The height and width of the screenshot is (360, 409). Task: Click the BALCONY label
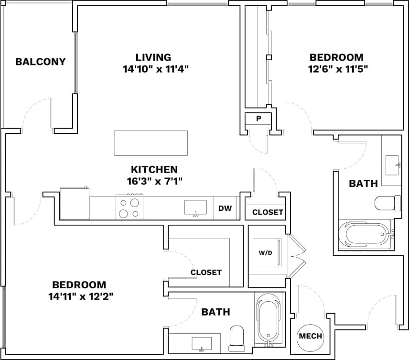(x=40, y=62)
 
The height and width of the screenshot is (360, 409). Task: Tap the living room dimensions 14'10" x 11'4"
(x=156, y=69)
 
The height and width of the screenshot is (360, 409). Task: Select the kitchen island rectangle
(x=151, y=143)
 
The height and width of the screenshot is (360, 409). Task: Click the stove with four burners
(x=129, y=207)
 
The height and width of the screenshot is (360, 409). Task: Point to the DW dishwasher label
(x=225, y=208)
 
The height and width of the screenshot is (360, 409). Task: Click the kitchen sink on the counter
(x=196, y=208)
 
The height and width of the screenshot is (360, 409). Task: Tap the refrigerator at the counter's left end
(x=75, y=204)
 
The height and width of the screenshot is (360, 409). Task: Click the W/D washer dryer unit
(x=266, y=252)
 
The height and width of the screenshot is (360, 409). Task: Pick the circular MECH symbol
(x=310, y=336)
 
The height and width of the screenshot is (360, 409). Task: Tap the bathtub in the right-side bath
(x=366, y=235)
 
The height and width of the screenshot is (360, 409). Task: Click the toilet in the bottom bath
(x=237, y=336)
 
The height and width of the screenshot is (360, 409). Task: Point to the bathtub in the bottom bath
(x=268, y=318)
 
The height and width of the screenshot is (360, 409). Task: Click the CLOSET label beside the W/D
(x=206, y=272)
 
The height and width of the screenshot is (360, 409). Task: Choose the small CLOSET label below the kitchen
(x=268, y=212)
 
